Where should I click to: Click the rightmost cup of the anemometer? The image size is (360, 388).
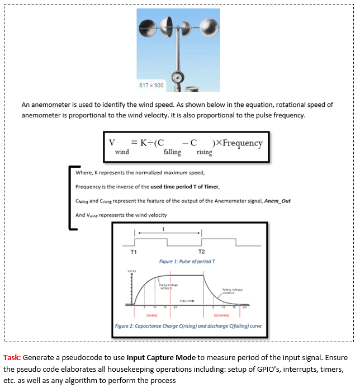209,26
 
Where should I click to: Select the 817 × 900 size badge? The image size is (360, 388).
151,85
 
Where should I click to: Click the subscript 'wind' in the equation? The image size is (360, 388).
122,152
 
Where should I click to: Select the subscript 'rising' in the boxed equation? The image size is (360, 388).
204,152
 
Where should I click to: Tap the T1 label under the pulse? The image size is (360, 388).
134,251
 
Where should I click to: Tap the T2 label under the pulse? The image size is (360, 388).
201,251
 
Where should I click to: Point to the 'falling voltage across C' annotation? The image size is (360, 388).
231,291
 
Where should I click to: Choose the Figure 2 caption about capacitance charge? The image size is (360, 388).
188,325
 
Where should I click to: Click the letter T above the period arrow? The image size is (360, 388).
163,229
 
